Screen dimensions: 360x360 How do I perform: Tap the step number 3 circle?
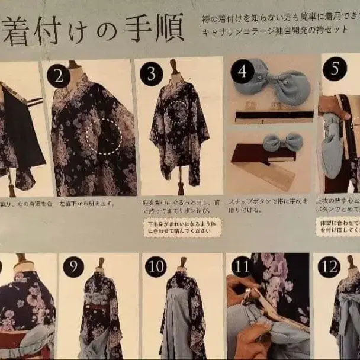(151, 74)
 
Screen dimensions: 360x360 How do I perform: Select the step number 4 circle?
(243, 71)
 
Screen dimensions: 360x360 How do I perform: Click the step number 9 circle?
(73, 266)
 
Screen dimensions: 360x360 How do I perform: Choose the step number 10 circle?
(155, 268)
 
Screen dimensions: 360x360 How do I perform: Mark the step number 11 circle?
(241, 267)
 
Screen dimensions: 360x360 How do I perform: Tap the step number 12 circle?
(329, 266)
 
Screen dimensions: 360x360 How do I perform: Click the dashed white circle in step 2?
(104, 137)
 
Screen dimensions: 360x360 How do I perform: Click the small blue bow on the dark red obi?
(282, 142)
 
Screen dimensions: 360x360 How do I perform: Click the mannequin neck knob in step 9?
(101, 262)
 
